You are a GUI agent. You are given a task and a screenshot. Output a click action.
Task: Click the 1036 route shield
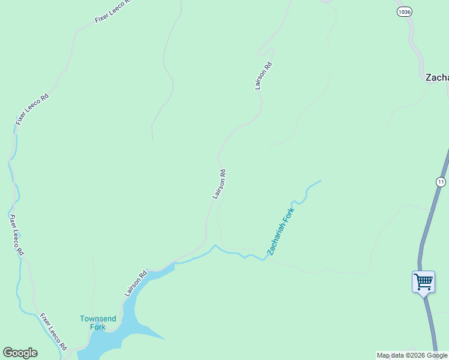click(x=404, y=11)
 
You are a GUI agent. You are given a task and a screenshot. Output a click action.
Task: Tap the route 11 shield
click(x=441, y=182)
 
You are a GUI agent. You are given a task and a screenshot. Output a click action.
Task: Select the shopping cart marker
click(x=423, y=281)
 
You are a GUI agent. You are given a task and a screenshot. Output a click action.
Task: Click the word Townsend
click(x=98, y=319)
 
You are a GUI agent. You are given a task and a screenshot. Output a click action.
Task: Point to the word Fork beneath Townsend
click(x=97, y=327)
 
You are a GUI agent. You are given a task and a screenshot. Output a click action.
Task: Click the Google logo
click(x=20, y=353)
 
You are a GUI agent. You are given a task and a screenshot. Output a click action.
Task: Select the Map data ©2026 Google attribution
click(x=412, y=355)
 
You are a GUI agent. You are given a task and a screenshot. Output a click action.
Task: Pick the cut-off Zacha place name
click(x=436, y=77)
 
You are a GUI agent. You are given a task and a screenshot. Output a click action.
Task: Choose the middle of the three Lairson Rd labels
click(x=220, y=184)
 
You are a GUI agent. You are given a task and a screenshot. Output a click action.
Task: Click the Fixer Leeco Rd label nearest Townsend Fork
click(x=53, y=331)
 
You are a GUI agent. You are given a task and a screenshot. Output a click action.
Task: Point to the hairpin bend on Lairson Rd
click(x=271, y=49)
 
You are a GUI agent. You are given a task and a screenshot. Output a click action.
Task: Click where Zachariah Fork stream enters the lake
click(x=176, y=262)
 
